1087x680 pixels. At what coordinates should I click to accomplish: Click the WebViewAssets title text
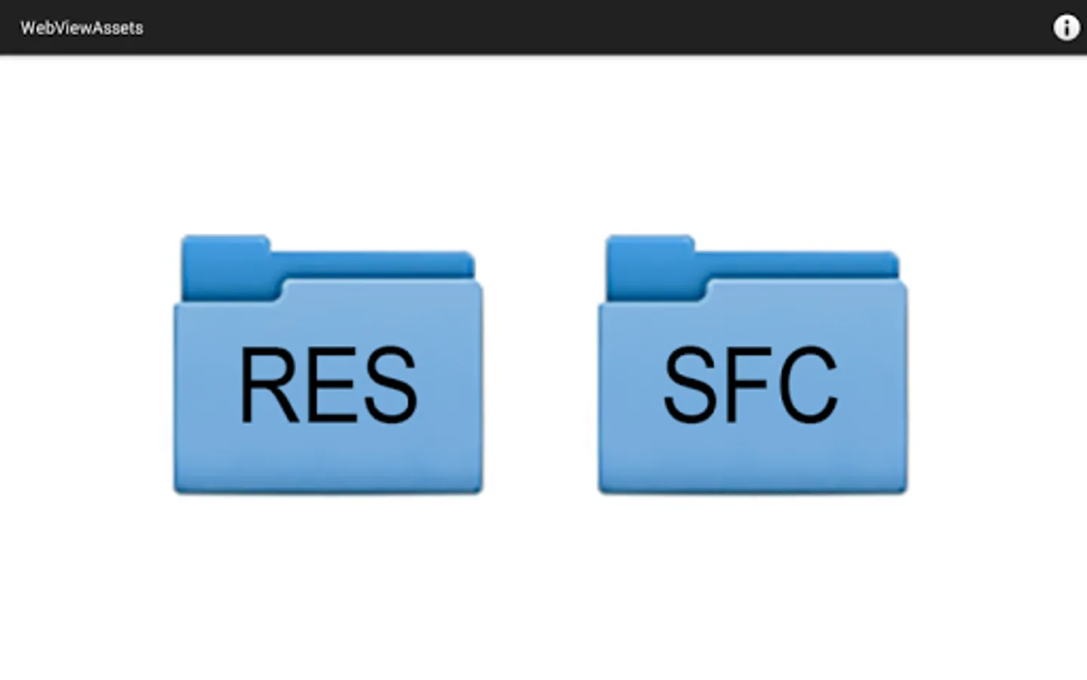82,28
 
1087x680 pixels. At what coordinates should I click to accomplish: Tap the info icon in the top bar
1066,28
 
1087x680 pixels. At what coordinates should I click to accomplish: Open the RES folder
328,364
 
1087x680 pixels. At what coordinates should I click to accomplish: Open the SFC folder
752,364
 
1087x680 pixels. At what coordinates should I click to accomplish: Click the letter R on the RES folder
269,385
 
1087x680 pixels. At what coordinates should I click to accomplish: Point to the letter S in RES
391,385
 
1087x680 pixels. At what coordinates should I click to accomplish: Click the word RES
329,385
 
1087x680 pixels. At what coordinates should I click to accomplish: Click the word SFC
751,385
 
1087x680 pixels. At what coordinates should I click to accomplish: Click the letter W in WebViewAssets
28,28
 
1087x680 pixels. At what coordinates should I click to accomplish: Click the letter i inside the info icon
1066,28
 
